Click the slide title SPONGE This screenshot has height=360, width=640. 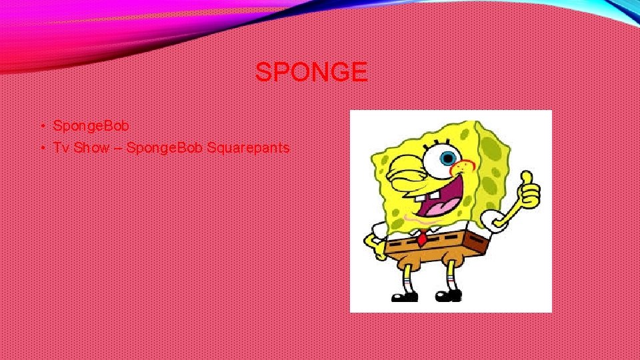[311, 72]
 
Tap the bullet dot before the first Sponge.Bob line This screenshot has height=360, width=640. [41, 126]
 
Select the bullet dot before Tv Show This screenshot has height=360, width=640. [41, 148]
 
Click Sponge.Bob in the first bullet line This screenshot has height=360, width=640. [91, 125]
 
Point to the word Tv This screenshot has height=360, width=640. [61, 147]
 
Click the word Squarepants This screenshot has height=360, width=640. [248, 147]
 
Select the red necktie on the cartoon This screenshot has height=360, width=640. [423, 237]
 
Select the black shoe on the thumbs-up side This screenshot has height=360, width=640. [449, 294]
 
